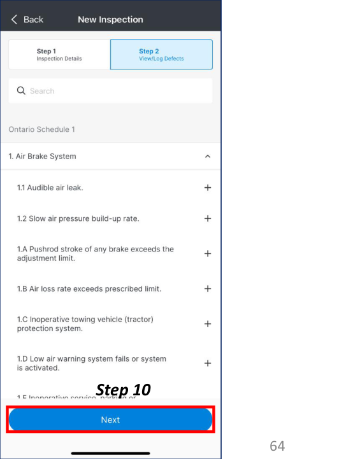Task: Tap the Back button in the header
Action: tap(27, 20)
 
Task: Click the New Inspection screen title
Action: tap(110, 20)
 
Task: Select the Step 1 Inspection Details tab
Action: tap(59, 55)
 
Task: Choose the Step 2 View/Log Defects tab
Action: tap(161, 55)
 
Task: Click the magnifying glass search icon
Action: tap(21, 91)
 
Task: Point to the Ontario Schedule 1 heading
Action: tap(41, 129)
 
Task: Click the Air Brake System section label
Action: tap(42, 156)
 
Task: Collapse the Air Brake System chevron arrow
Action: tap(207, 156)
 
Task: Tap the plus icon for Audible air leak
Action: tap(207, 188)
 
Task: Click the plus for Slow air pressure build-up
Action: tap(207, 218)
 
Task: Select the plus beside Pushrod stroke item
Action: tap(207, 253)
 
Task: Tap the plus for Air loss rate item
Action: tap(207, 288)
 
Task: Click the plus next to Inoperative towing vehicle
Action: tap(207, 323)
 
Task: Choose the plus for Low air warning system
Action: tap(207, 363)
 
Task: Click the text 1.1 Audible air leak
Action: tap(50, 188)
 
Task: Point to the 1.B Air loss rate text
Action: tap(89, 288)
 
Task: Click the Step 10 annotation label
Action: tap(123, 389)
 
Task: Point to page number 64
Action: tap(277, 446)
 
